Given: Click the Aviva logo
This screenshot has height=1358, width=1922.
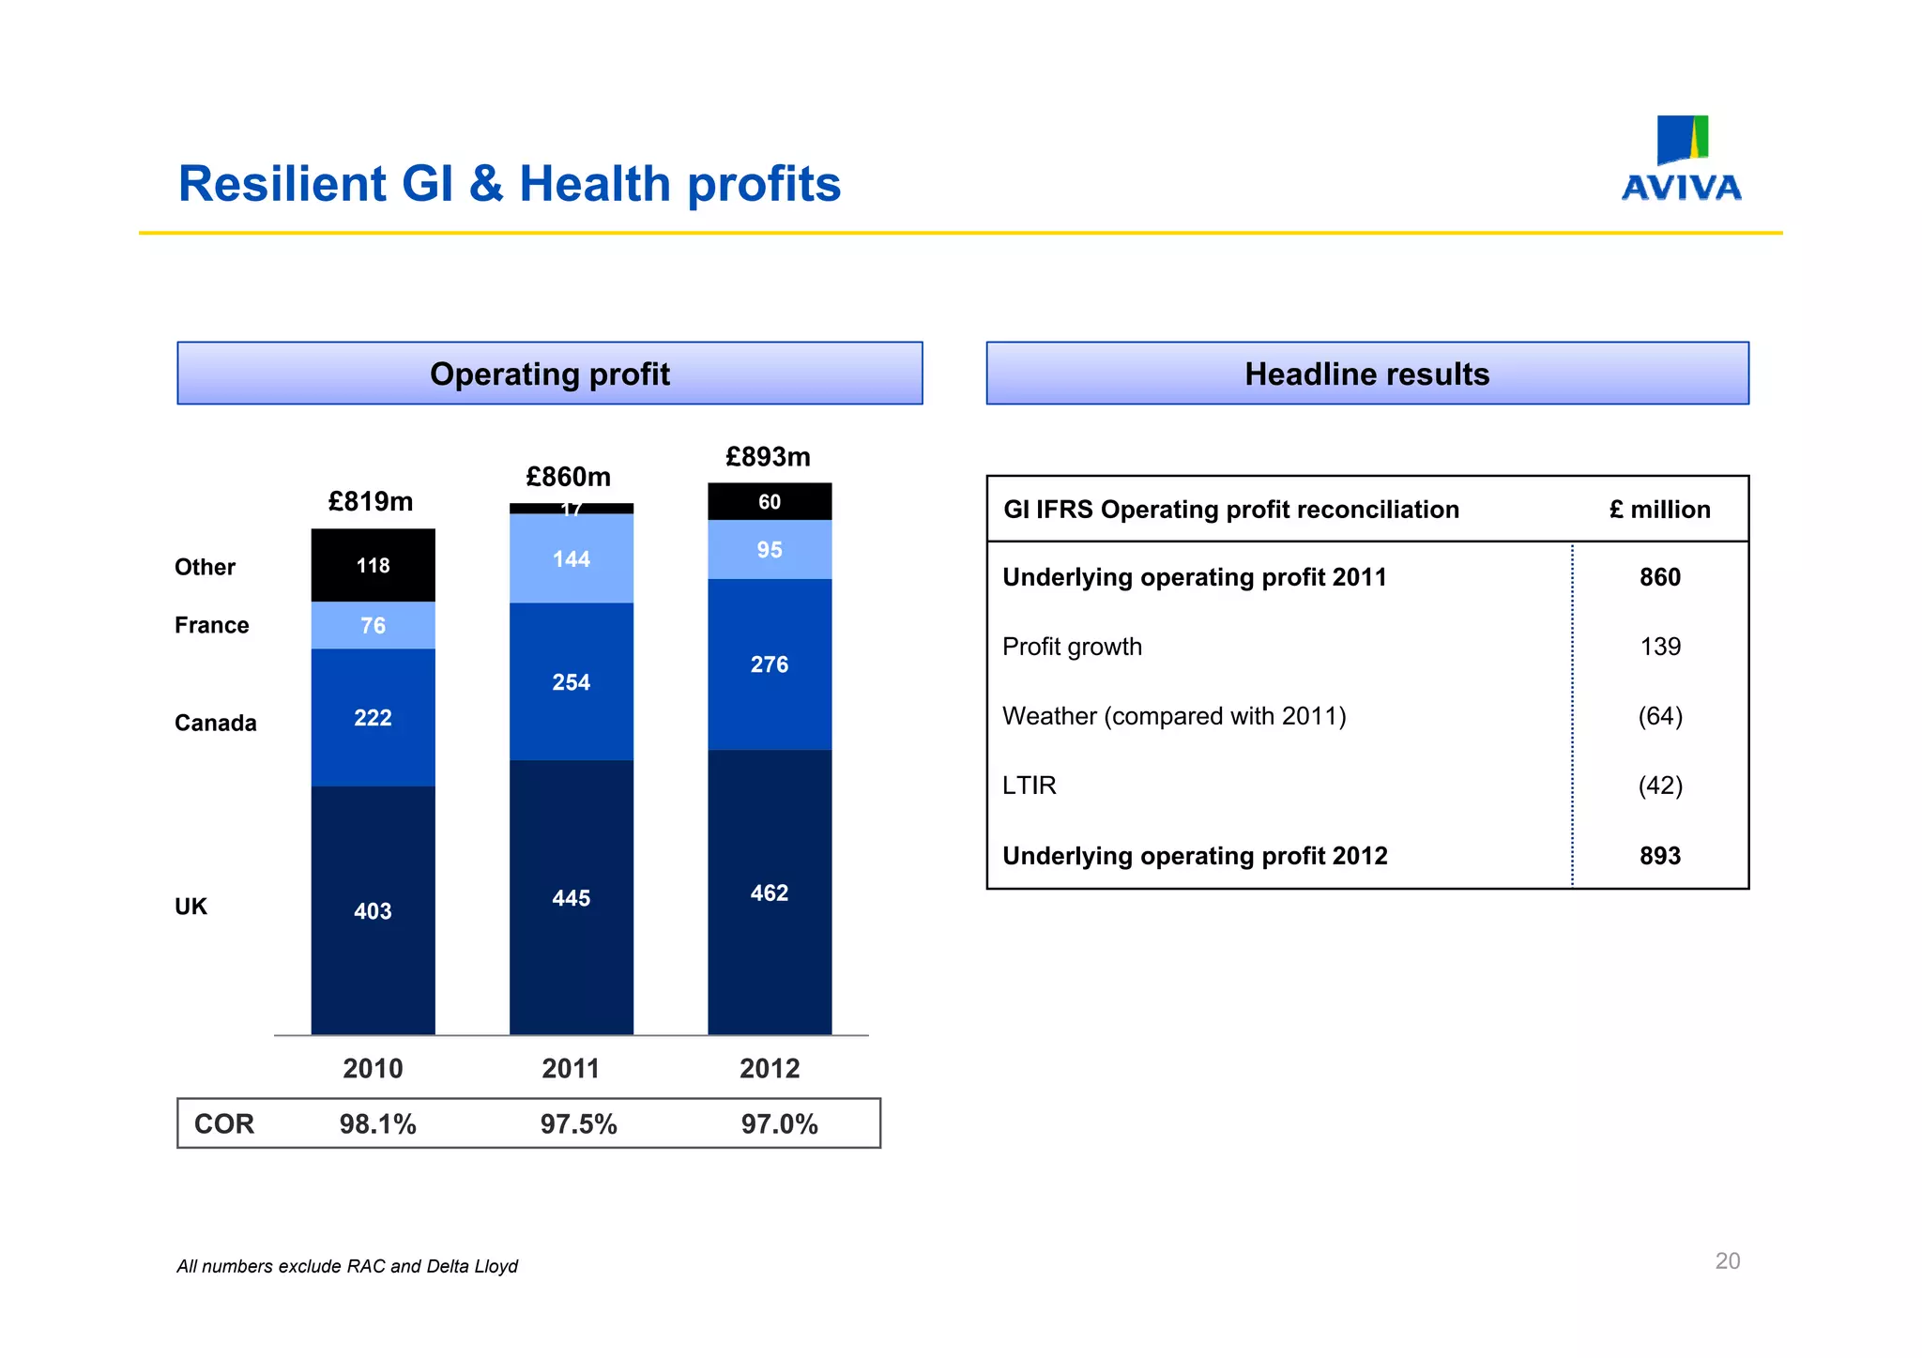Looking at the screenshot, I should (x=1681, y=160).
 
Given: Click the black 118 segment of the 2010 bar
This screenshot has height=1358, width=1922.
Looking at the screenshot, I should (x=373, y=565).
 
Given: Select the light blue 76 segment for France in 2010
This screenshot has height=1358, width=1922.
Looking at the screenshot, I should (x=373, y=625).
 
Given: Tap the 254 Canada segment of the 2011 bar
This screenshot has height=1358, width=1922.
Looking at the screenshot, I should (x=571, y=682).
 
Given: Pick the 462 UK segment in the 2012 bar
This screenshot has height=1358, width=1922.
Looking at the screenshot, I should (x=769, y=893).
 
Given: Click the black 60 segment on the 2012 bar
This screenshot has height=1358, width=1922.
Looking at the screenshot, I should (x=769, y=502).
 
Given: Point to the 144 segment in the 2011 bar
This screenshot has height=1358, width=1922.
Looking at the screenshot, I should (x=571, y=559).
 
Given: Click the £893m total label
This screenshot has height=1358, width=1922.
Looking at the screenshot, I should (x=768, y=457).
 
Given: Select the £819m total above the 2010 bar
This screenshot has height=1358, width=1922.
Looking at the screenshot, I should (x=371, y=501).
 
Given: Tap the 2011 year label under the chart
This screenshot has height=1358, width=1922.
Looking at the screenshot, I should (x=571, y=1068).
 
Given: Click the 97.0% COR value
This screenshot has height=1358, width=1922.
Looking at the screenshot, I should (x=779, y=1123).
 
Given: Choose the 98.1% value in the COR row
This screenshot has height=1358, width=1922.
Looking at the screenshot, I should (x=377, y=1123).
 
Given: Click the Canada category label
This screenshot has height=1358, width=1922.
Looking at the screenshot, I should (x=215, y=723).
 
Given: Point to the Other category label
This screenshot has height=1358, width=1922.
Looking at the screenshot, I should (x=205, y=567).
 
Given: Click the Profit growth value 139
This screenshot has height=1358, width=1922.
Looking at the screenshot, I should (x=1659, y=647).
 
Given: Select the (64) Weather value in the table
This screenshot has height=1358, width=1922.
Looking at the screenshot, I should (x=1659, y=716).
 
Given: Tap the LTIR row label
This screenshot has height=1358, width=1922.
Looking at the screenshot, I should (x=1029, y=786).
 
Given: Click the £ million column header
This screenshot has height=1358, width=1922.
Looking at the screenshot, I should (x=1659, y=510).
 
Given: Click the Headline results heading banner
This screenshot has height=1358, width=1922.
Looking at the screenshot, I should (x=1366, y=374).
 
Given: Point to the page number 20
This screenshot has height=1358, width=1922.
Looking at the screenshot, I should (x=1727, y=1260).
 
